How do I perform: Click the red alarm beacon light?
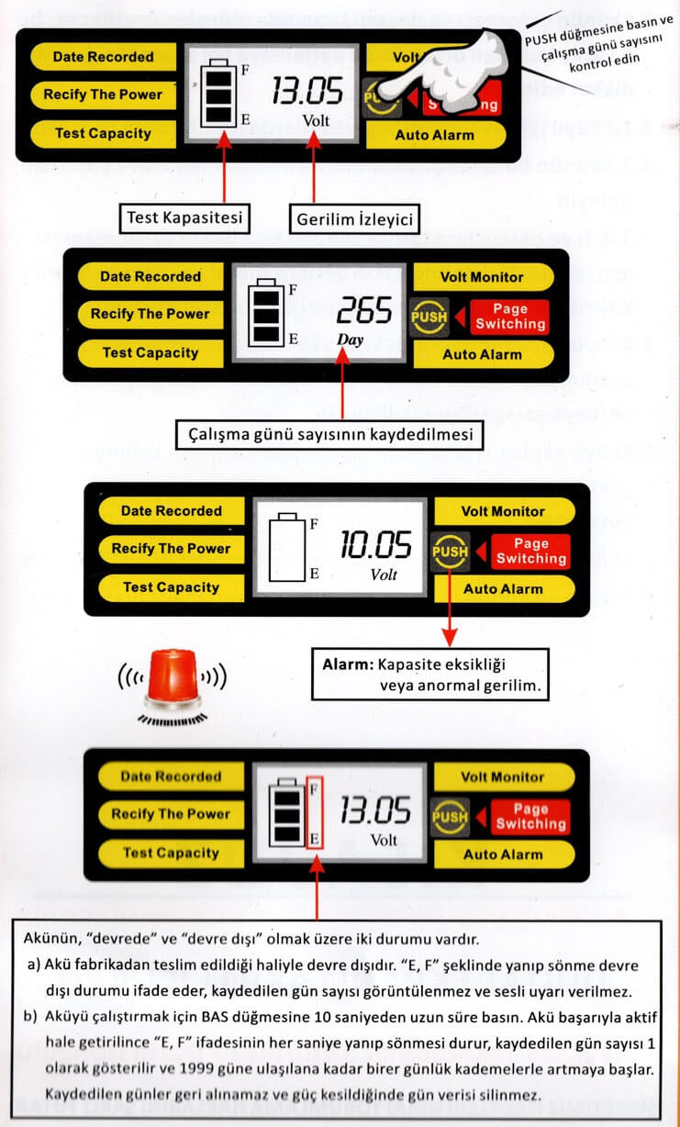pos(167,678)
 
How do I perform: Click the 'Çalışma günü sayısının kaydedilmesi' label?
pos(329,432)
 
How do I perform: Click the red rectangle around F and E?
pos(314,813)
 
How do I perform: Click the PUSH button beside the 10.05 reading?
pos(450,552)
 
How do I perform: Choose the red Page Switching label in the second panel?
pos(509,317)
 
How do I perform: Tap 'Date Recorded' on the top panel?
pos(103,57)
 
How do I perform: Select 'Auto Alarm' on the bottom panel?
pos(503,854)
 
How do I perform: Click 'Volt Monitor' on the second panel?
pos(482,276)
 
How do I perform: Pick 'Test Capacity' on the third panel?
pos(172,587)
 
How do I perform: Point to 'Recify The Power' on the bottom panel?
pos(171,814)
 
